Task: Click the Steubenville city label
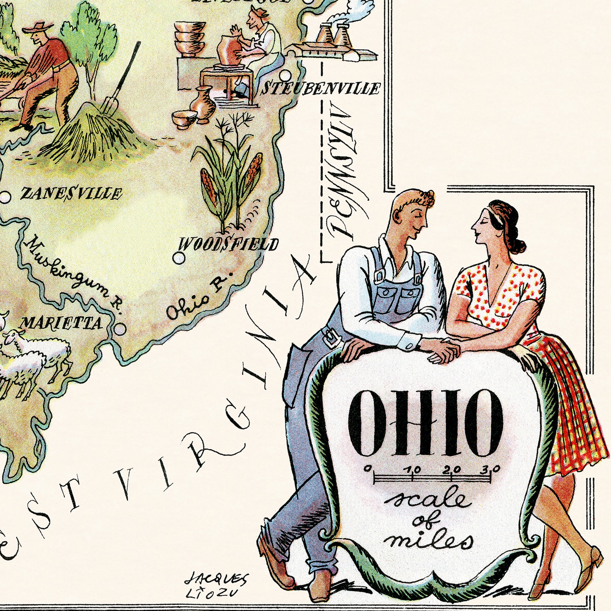click(320, 89)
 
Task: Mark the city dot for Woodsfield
click(179, 258)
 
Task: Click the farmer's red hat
click(37, 28)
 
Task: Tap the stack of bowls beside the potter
click(188, 39)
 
